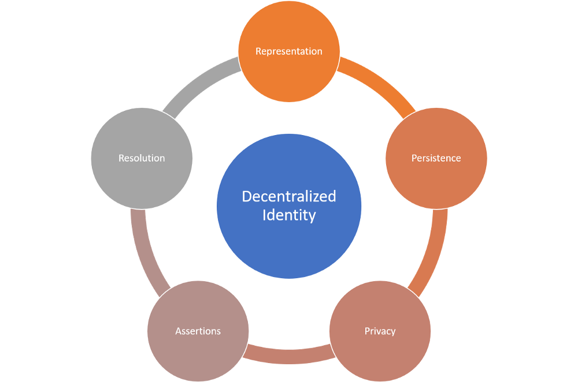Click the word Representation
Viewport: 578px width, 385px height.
[x=289, y=51]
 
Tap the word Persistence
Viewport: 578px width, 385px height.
[x=436, y=158]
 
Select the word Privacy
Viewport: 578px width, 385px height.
[x=380, y=331]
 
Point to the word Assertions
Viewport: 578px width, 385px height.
[x=198, y=331]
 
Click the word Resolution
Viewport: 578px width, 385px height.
[x=142, y=158]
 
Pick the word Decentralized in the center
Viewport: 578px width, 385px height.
[x=288, y=196]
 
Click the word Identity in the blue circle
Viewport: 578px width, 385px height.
[x=289, y=215]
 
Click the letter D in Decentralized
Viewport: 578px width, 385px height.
[x=246, y=197]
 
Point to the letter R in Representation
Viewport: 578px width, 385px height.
[x=258, y=51]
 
